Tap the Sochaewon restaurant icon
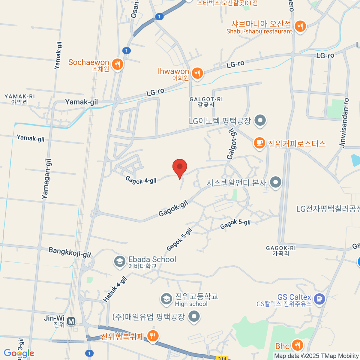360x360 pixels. pyautogui.click(x=117, y=64)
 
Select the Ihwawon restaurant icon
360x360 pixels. pyautogui.click(x=197, y=73)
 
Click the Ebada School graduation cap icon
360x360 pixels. pyautogui.click(x=120, y=262)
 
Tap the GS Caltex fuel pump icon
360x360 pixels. pyautogui.click(x=319, y=299)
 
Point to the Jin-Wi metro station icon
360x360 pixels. pyautogui.click(x=71, y=322)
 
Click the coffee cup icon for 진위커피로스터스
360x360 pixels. pyautogui.click(x=259, y=143)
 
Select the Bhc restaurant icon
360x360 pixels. pyautogui.click(x=297, y=345)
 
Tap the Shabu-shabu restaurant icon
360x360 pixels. pyautogui.click(x=300, y=26)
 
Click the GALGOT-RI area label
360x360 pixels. pyautogui.click(x=206, y=102)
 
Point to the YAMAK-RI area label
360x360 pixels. pyautogui.click(x=19, y=99)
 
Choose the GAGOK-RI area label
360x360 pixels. pyautogui.click(x=281, y=251)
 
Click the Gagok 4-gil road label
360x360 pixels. pyautogui.click(x=141, y=180)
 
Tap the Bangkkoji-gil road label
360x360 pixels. pyautogui.click(x=70, y=252)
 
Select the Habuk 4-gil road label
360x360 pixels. pyautogui.click(x=115, y=289)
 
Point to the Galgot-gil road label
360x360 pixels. pyautogui.click(x=232, y=144)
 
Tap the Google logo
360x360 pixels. pyautogui.click(x=19, y=353)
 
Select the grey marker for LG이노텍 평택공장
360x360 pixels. pyautogui.click(x=260, y=121)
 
